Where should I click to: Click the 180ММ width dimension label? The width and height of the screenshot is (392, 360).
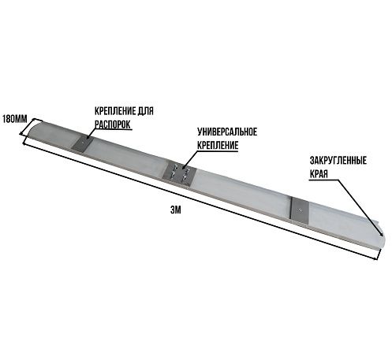coord(15,119)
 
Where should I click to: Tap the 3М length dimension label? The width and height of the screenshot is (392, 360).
coord(176,210)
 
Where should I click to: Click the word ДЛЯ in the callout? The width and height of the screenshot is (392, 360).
coord(145,111)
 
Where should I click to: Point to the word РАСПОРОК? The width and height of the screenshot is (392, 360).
coord(113,124)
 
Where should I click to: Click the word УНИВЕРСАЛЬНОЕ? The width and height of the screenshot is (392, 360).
coord(227,132)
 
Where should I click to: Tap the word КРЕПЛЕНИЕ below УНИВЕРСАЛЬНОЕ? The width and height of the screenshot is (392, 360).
coord(218,145)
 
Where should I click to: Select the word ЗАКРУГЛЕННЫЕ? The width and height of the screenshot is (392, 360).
coord(338,161)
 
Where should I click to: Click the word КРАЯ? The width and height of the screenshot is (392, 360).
coord(319,174)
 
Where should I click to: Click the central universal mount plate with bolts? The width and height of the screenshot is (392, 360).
coord(179,174)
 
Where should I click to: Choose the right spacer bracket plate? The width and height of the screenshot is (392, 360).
coord(301,210)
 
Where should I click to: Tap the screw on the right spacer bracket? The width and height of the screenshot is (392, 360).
coord(301,210)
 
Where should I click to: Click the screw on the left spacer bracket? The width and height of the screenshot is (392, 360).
coord(83,143)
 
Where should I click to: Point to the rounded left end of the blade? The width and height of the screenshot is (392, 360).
coord(34,131)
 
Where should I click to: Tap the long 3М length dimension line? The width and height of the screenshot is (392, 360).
coord(200,201)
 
